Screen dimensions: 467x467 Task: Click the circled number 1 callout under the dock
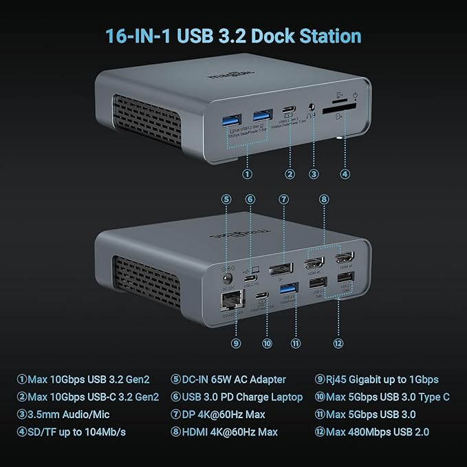click(247, 174)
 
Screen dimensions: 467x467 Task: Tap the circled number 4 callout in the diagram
click(345, 174)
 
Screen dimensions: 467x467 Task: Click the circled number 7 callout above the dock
click(282, 199)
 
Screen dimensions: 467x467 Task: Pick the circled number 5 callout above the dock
click(226, 199)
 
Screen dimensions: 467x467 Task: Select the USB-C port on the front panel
click(288, 111)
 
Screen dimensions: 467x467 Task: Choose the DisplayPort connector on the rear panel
click(279, 268)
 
